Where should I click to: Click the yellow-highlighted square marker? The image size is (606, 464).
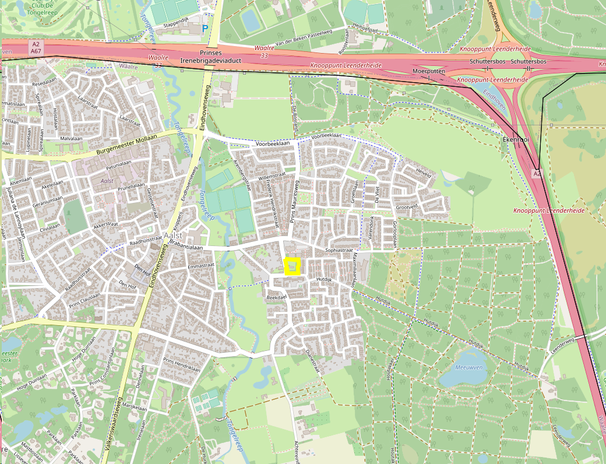[x=291, y=266]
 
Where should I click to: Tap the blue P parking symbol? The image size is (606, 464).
[x=205, y=27]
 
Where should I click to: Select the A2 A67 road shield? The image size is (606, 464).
[x=36, y=47]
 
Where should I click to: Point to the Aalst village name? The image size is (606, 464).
[x=174, y=235]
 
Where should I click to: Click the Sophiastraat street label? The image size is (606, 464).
[x=339, y=249]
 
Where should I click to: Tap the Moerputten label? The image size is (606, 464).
[x=428, y=71]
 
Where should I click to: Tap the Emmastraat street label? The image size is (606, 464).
[x=202, y=266]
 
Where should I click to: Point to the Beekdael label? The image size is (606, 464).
[x=277, y=297]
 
